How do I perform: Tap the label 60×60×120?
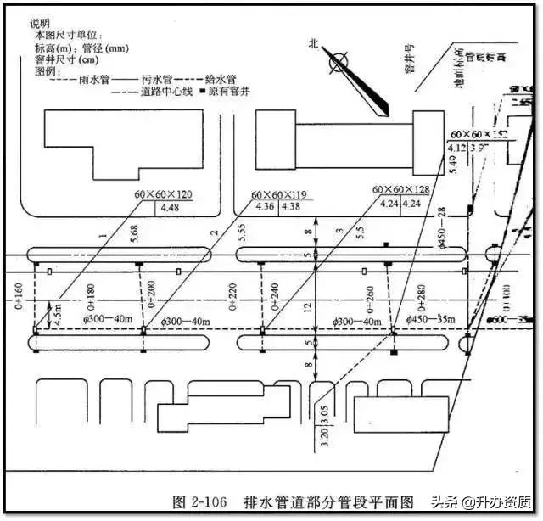pos(163,194)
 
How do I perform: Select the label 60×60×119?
pos(279,195)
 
